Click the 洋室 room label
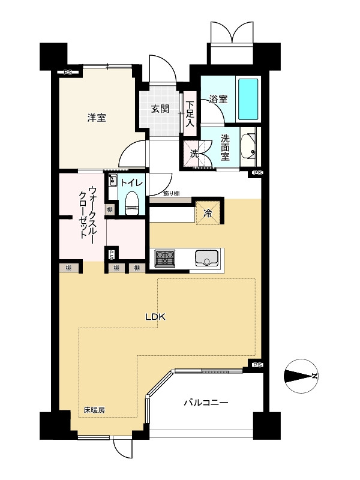pos(97,118)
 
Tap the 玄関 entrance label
pos(160,109)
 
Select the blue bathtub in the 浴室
pos(248,100)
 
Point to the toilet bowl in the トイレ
pos(132,203)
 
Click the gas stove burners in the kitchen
pos(165,258)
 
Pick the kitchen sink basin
pos(207,258)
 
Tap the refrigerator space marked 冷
pos(208,213)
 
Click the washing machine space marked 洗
pos(194,154)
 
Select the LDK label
pos(155,317)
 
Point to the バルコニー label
pos(206,402)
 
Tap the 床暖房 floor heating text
pos(94,410)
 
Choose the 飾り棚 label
pos(171,193)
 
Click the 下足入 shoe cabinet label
pos(190,114)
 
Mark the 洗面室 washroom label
pos(225,147)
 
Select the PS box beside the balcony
pos(257,365)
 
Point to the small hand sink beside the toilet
pos(113,181)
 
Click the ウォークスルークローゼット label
pos(88,212)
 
